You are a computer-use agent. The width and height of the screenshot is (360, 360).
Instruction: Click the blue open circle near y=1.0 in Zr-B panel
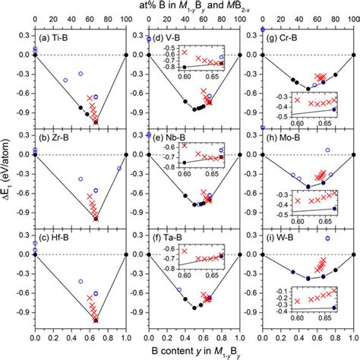click(119, 169)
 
